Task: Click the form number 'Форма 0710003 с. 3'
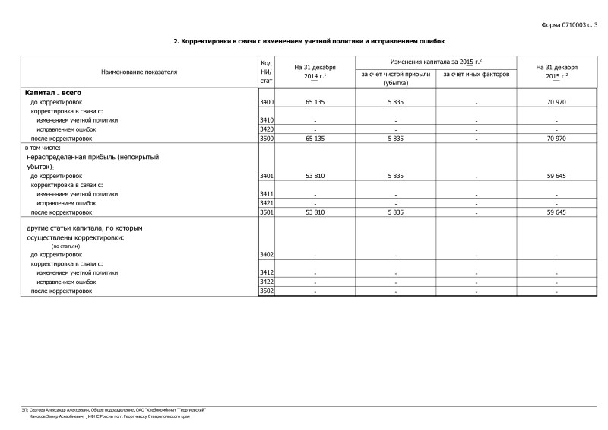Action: coord(569,25)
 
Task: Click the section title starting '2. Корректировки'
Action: coord(308,41)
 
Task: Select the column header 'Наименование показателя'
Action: coord(139,72)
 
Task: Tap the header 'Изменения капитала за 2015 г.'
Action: coord(436,61)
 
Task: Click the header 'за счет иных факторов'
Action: coord(476,75)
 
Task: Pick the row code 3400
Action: coord(266,101)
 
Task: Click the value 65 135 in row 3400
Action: coord(315,101)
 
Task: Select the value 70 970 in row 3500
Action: coord(556,139)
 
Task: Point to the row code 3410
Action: coord(266,120)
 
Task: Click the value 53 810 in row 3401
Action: coord(315,176)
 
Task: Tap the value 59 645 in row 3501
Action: coord(556,212)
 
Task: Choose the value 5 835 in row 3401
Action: coord(396,176)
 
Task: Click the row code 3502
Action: coord(266,291)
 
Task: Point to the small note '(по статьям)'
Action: coord(65,247)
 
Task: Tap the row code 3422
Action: coord(266,282)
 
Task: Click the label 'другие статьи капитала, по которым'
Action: coord(84,228)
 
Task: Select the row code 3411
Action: coord(266,194)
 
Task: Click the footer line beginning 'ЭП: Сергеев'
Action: coord(114,410)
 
